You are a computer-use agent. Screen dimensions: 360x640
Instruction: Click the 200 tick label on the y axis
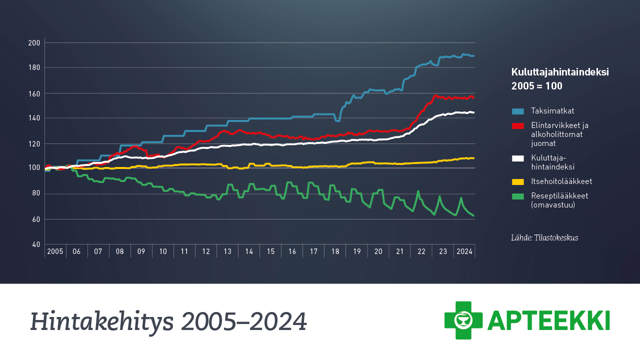coord(34,43)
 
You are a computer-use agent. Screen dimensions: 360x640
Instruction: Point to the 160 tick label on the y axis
coord(34,93)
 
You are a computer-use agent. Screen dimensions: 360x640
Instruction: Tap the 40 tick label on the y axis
coord(35,244)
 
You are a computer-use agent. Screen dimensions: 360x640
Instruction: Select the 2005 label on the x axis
coord(55,251)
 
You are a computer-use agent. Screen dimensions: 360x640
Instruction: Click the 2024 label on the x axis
coord(464,251)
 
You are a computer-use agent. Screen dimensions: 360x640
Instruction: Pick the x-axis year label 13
coord(227,251)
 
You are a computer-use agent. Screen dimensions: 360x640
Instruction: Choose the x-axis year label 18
coord(335,251)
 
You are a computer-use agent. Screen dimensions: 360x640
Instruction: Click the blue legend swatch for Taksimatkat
coord(518,111)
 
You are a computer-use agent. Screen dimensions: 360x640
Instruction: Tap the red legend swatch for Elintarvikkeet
coord(518,125)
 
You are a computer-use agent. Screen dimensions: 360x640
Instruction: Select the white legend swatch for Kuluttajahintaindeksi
coord(518,158)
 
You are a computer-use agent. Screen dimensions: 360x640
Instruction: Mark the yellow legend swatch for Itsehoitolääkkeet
coord(518,181)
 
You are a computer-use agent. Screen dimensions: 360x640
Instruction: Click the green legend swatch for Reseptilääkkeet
coord(518,196)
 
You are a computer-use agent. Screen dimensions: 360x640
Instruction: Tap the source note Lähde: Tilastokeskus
coord(544,238)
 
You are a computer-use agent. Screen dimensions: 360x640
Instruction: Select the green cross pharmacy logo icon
coord(463,320)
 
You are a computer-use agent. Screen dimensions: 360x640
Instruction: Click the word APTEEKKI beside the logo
coord(548,320)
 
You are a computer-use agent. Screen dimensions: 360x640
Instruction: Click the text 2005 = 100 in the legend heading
coord(536,86)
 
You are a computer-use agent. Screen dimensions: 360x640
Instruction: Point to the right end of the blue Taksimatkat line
coord(473,56)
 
